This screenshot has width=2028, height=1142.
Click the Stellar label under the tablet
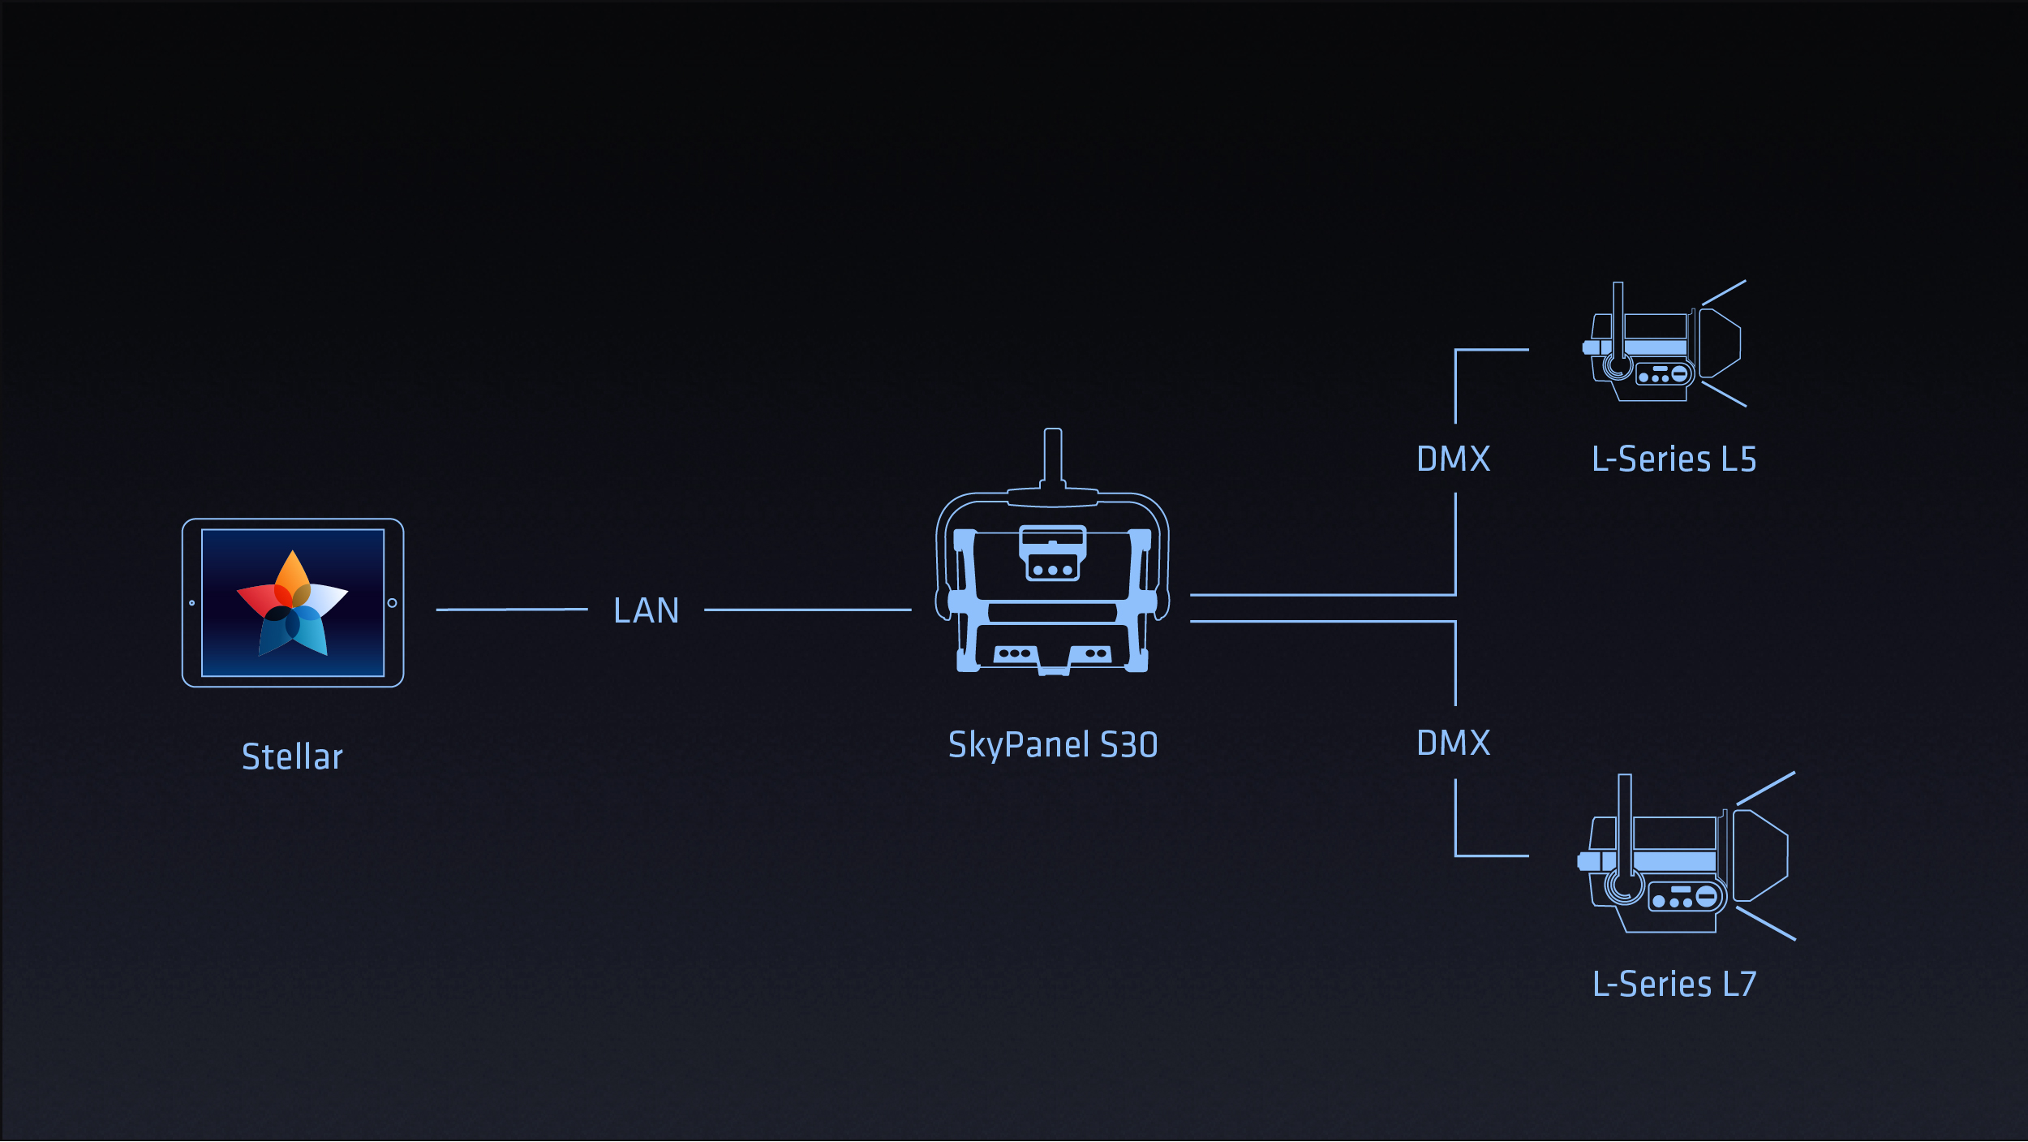click(292, 756)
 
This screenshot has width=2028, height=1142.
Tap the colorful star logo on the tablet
click(292, 604)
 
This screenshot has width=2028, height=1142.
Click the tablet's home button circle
click(393, 603)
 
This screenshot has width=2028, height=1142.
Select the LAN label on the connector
click(646, 610)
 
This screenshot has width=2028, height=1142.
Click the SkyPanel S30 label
click(1053, 745)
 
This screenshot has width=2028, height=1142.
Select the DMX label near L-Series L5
click(1453, 459)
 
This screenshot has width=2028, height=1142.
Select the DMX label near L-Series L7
click(1453, 743)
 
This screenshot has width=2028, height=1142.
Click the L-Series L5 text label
click(1674, 459)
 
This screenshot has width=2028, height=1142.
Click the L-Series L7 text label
click(1674, 984)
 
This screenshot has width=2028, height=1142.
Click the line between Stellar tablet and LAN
click(511, 609)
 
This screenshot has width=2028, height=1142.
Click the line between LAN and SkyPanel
click(807, 610)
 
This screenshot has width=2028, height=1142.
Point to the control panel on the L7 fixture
click(1686, 898)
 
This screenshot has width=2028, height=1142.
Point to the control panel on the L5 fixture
click(1663, 374)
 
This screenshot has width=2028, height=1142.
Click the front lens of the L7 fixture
click(1759, 855)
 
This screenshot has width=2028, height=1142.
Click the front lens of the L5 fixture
click(1720, 343)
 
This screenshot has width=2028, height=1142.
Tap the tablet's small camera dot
click(192, 603)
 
